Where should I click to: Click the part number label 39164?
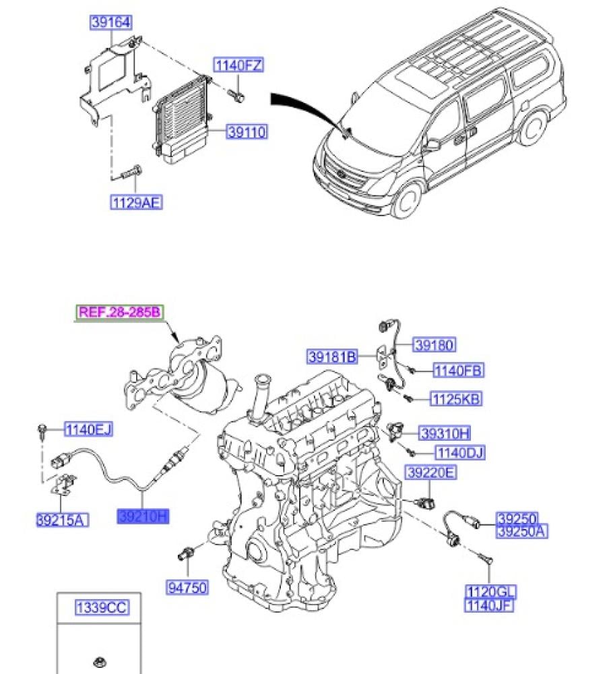[111, 22]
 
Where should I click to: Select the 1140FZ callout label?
[238, 65]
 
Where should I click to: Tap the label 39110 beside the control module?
[247, 131]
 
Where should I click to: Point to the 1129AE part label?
[136, 202]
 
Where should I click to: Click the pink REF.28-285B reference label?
[119, 311]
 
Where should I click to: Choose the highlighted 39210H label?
[143, 516]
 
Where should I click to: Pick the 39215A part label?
[62, 520]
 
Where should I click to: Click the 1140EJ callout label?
[88, 429]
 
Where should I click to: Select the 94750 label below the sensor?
[187, 587]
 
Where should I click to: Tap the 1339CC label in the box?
[101, 607]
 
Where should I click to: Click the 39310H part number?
[445, 433]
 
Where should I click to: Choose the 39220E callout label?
[430, 472]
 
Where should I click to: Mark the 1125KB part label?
[456, 399]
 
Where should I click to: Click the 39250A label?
[522, 532]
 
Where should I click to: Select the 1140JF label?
[489, 605]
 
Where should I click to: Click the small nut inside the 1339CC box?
[100, 663]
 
